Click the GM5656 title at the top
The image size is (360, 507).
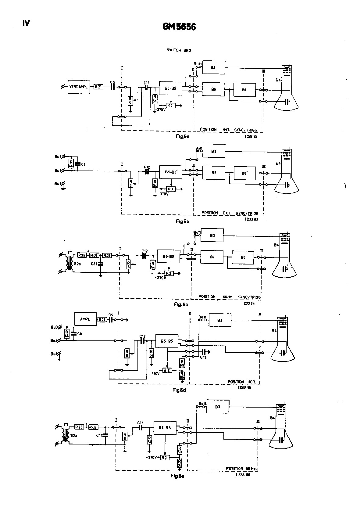point(179,27)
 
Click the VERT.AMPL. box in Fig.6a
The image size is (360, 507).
point(79,87)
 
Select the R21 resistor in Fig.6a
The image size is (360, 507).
point(98,87)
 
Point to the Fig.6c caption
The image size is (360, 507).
point(181,304)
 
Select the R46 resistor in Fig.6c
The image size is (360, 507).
point(107,255)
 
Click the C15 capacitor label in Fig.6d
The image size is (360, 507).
point(203,357)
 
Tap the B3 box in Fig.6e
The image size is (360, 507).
point(218,407)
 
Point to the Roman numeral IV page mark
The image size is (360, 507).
point(26,23)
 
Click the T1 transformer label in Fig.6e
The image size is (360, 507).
point(66,424)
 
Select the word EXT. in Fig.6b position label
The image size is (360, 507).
point(227,213)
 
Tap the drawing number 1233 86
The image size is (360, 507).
point(243,475)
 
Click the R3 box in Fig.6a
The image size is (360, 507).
point(171,106)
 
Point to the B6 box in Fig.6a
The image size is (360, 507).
point(213,89)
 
